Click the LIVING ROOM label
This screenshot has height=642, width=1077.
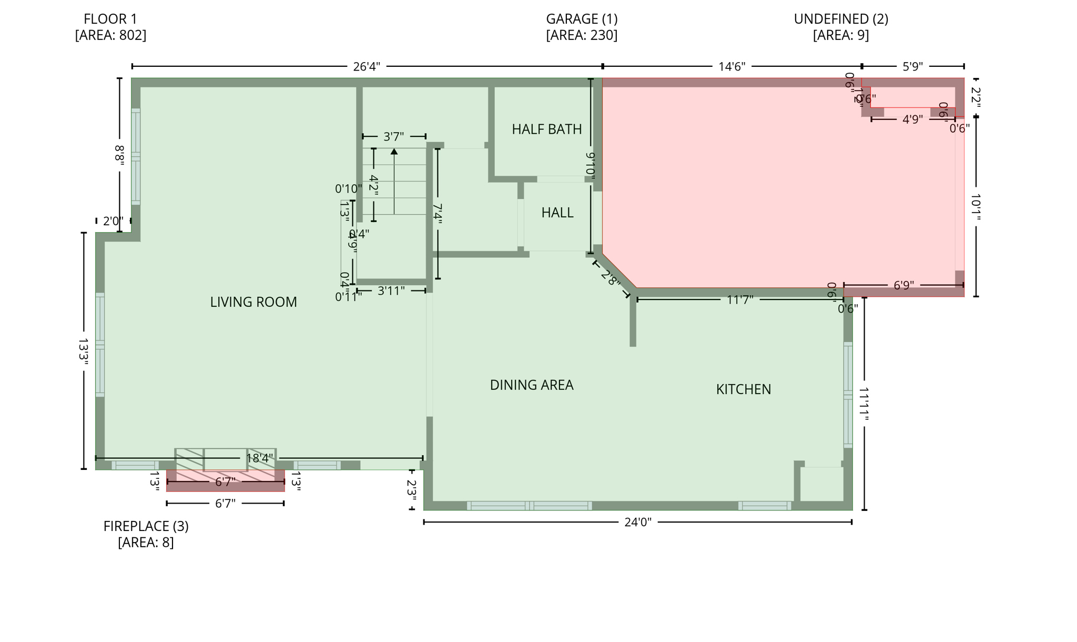pos(253,302)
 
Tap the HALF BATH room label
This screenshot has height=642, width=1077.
pos(546,129)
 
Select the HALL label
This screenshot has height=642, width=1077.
pos(557,213)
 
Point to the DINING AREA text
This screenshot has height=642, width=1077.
pos(531,385)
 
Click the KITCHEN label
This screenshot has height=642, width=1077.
pos(743,389)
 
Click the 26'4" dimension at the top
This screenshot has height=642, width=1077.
pos(366,67)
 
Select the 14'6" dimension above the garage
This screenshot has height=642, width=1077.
pos(731,67)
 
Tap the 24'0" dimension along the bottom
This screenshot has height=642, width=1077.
pos(637,522)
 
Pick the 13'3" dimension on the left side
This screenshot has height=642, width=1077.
pos(83,351)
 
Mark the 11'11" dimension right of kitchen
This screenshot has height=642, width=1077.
pos(863,404)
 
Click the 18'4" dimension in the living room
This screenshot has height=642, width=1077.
pos(260,458)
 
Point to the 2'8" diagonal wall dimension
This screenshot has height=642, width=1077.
pos(610,278)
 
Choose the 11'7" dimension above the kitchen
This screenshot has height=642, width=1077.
pos(740,300)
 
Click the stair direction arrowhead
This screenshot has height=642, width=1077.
pos(394,152)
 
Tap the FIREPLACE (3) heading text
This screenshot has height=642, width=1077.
pos(146,526)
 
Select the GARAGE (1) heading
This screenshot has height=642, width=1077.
pos(582,19)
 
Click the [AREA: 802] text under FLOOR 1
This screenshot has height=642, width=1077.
pos(110,35)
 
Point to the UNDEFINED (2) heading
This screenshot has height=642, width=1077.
pos(840,19)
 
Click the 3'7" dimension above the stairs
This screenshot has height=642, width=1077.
pos(393,137)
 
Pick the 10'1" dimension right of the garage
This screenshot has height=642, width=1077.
pos(976,207)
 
